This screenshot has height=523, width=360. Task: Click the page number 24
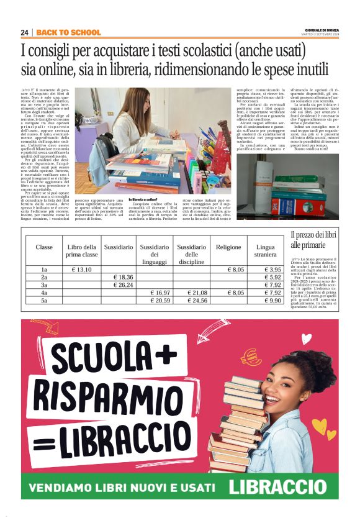[24, 32]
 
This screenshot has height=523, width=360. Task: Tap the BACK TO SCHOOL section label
[68, 32]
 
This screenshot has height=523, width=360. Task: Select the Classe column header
[44, 247]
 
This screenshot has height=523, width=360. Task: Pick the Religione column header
[228, 247]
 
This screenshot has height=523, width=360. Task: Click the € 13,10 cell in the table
[81, 270]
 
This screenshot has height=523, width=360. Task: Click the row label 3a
[44, 284]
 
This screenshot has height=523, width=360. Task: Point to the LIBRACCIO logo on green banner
[282, 486]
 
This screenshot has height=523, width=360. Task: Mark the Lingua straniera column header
[265, 250]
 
